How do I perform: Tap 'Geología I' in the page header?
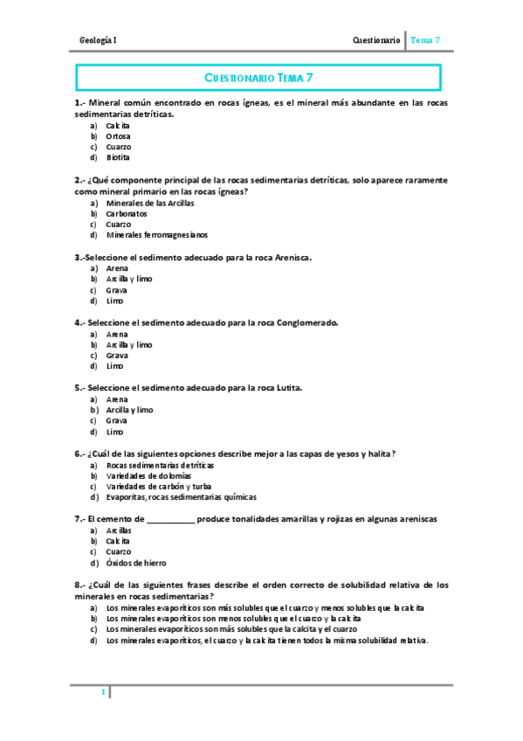point(98,40)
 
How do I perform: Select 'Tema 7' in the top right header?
point(425,40)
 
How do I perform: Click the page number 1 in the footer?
point(103,693)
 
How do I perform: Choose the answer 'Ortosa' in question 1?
point(119,136)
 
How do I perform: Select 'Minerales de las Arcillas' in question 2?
point(150,203)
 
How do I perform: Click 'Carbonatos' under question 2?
point(127,213)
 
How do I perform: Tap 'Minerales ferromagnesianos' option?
point(157,234)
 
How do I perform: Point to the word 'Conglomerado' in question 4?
point(306,322)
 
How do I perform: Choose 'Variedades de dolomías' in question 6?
point(148,475)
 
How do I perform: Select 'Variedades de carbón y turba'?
point(159,486)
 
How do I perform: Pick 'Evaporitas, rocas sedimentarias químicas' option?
point(182,497)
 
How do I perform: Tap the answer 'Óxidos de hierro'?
point(136,563)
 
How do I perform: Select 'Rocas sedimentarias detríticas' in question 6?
point(160,465)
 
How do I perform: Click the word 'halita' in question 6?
point(376,453)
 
